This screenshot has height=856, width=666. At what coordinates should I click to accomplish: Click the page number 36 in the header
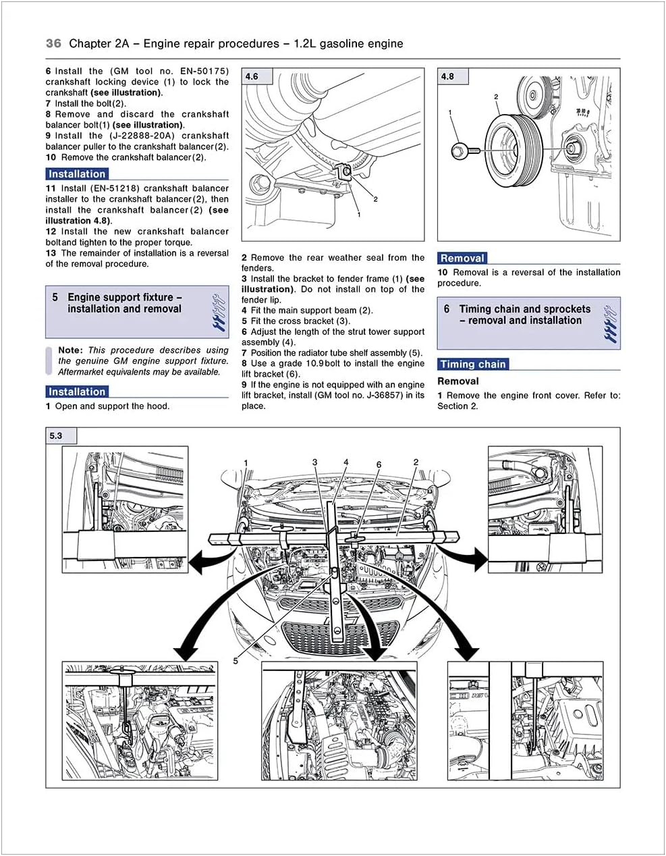click(x=53, y=43)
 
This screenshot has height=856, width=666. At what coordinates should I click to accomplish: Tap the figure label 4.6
click(x=251, y=76)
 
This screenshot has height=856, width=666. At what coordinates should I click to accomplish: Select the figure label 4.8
click(x=447, y=76)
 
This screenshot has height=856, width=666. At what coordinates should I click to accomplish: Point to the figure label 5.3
click(x=55, y=435)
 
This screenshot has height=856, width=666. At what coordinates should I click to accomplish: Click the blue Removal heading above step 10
click(x=462, y=258)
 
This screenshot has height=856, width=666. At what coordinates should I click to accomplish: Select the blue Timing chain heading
click(x=472, y=364)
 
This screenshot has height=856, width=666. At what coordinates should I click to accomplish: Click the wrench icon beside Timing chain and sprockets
click(x=609, y=323)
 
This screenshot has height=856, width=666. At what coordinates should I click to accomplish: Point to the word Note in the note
click(x=70, y=350)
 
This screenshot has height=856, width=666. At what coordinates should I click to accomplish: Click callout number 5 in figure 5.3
click(x=235, y=660)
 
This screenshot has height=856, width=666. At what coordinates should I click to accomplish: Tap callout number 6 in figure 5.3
click(x=379, y=464)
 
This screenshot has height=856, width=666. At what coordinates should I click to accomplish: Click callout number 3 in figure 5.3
click(x=314, y=462)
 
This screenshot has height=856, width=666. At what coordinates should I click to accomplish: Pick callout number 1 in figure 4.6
click(x=359, y=214)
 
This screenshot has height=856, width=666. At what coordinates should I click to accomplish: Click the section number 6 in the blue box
click(x=447, y=309)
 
